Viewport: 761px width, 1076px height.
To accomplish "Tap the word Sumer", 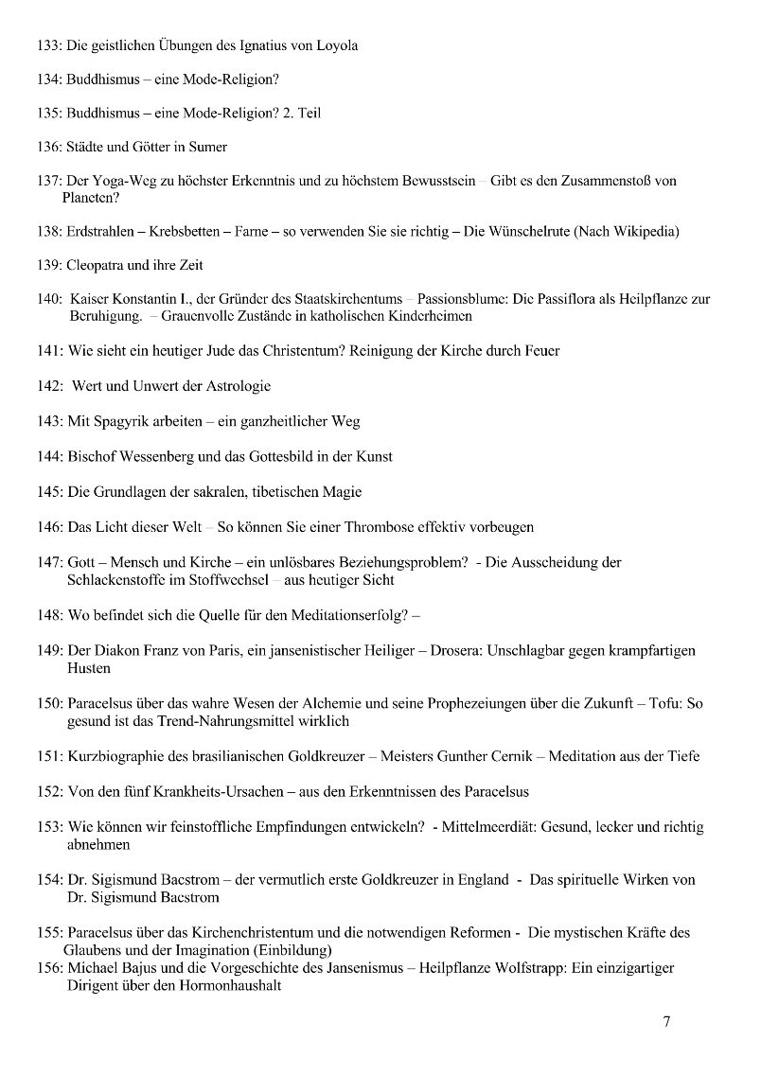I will [x=208, y=147].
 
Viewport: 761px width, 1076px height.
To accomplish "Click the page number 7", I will [x=667, y=1021].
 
